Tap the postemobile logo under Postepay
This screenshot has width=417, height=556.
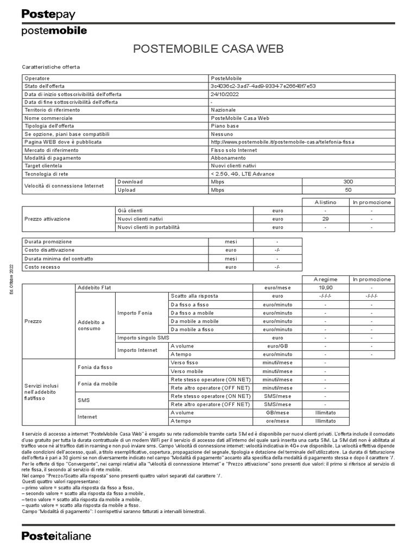tap(54, 31)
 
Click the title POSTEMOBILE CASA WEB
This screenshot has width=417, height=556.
tap(208, 50)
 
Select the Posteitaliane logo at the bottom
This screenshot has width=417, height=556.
tap(56, 536)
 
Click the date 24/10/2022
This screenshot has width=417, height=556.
tap(225, 94)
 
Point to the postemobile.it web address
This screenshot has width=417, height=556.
tap(282, 142)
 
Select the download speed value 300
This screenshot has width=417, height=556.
tap(348, 182)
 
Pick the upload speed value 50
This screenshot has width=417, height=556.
tap(348, 190)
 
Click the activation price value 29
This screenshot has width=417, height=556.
tap(325, 219)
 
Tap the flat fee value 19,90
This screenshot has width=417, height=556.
tap(325, 287)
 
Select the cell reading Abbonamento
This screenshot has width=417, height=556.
tap(228, 158)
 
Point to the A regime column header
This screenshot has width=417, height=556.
tap(325, 279)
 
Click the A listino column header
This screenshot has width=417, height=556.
tap(325, 203)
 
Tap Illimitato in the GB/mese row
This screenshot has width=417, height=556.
tap(325, 413)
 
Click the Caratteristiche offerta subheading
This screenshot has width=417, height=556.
tap(50, 67)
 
